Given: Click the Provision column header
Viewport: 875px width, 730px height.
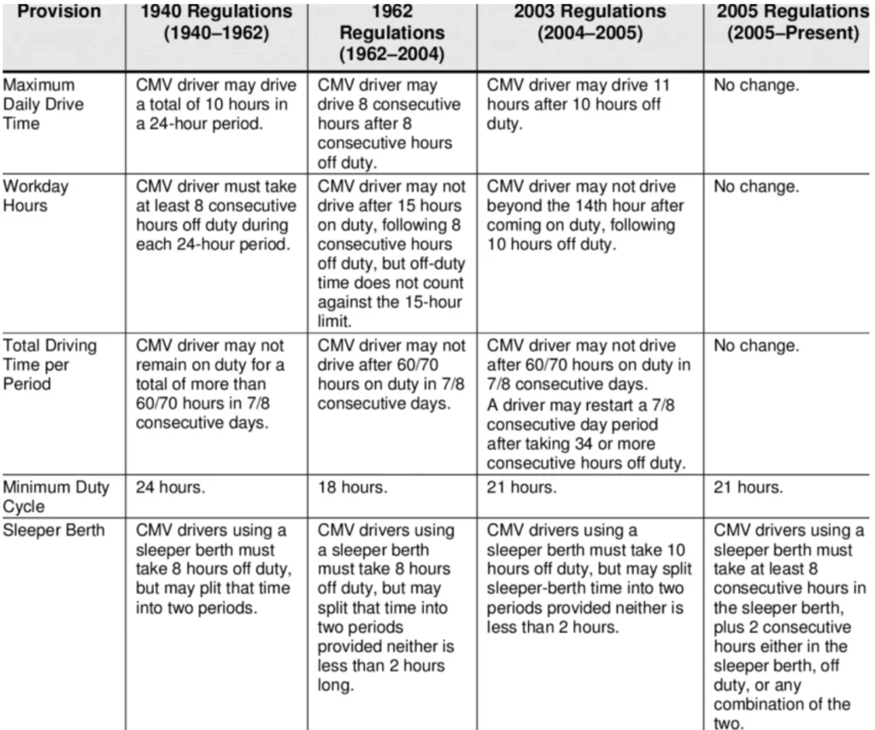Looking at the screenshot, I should click(x=60, y=12).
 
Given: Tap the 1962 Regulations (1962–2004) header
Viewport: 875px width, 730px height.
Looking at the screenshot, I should click(x=392, y=32).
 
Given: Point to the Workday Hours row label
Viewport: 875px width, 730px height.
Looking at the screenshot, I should click(x=37, y=196).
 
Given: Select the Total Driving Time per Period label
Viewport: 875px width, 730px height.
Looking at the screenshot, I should click(x=49, y=364).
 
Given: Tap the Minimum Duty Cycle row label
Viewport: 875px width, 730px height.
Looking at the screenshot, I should click(x=56, y=497).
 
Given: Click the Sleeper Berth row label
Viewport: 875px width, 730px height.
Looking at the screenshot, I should click(x=54, y=530).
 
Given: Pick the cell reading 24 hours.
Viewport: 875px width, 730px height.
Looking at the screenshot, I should click(x=169, y=488).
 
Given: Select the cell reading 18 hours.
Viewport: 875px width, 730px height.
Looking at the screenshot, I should click(x=352, y=488).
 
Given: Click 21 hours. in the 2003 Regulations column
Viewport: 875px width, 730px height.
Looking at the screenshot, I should click(x=521, y=488).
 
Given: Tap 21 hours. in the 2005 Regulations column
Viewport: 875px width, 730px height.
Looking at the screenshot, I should click(x=748, y=488).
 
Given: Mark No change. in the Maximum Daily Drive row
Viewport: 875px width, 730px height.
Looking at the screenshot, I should click(x=756, y=86).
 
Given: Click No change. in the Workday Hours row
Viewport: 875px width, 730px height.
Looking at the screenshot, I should click(x=756, y=187).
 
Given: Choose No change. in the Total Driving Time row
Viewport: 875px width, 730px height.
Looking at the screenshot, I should click(x=756, y=346).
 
